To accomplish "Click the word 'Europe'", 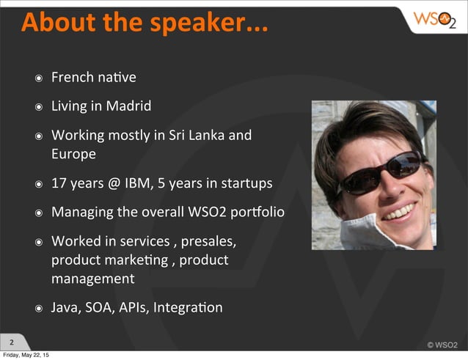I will click(73, 154).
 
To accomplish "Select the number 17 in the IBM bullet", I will click(59, 183).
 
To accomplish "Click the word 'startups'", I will click(244, 183).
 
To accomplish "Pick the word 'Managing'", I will click(81, 213).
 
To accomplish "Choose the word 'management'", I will click(92, 279).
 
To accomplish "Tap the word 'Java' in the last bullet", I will click(65, 307).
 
